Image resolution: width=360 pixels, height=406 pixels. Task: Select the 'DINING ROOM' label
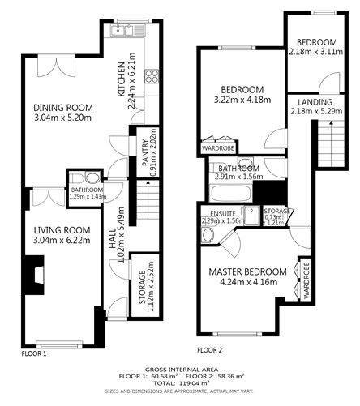62,107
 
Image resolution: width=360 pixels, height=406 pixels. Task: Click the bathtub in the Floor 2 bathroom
232,194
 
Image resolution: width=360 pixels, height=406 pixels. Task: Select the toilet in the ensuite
208,235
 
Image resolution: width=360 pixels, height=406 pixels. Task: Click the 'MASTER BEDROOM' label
247,271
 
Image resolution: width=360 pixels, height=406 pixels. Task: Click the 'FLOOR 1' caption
34,353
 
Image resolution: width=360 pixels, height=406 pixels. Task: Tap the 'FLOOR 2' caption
208,350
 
